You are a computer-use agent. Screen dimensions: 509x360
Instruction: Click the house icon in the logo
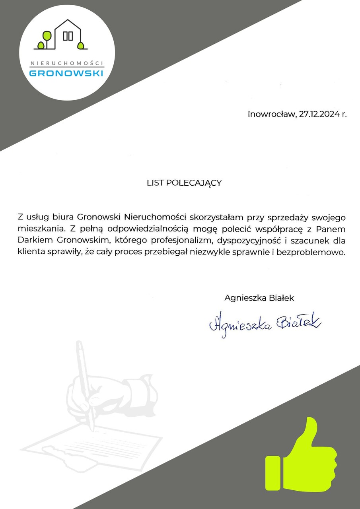(68, 35)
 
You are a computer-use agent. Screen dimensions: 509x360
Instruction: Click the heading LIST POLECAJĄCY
(184, 183)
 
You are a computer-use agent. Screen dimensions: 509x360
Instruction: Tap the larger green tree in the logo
(47, 36)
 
